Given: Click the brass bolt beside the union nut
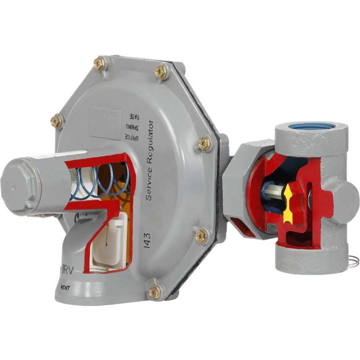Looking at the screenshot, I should [x=204, y=143].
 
